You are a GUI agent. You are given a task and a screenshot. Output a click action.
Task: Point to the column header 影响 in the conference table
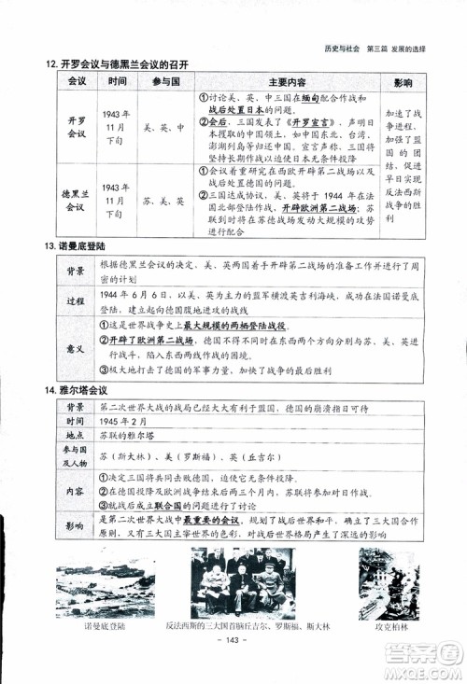point(403,82)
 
